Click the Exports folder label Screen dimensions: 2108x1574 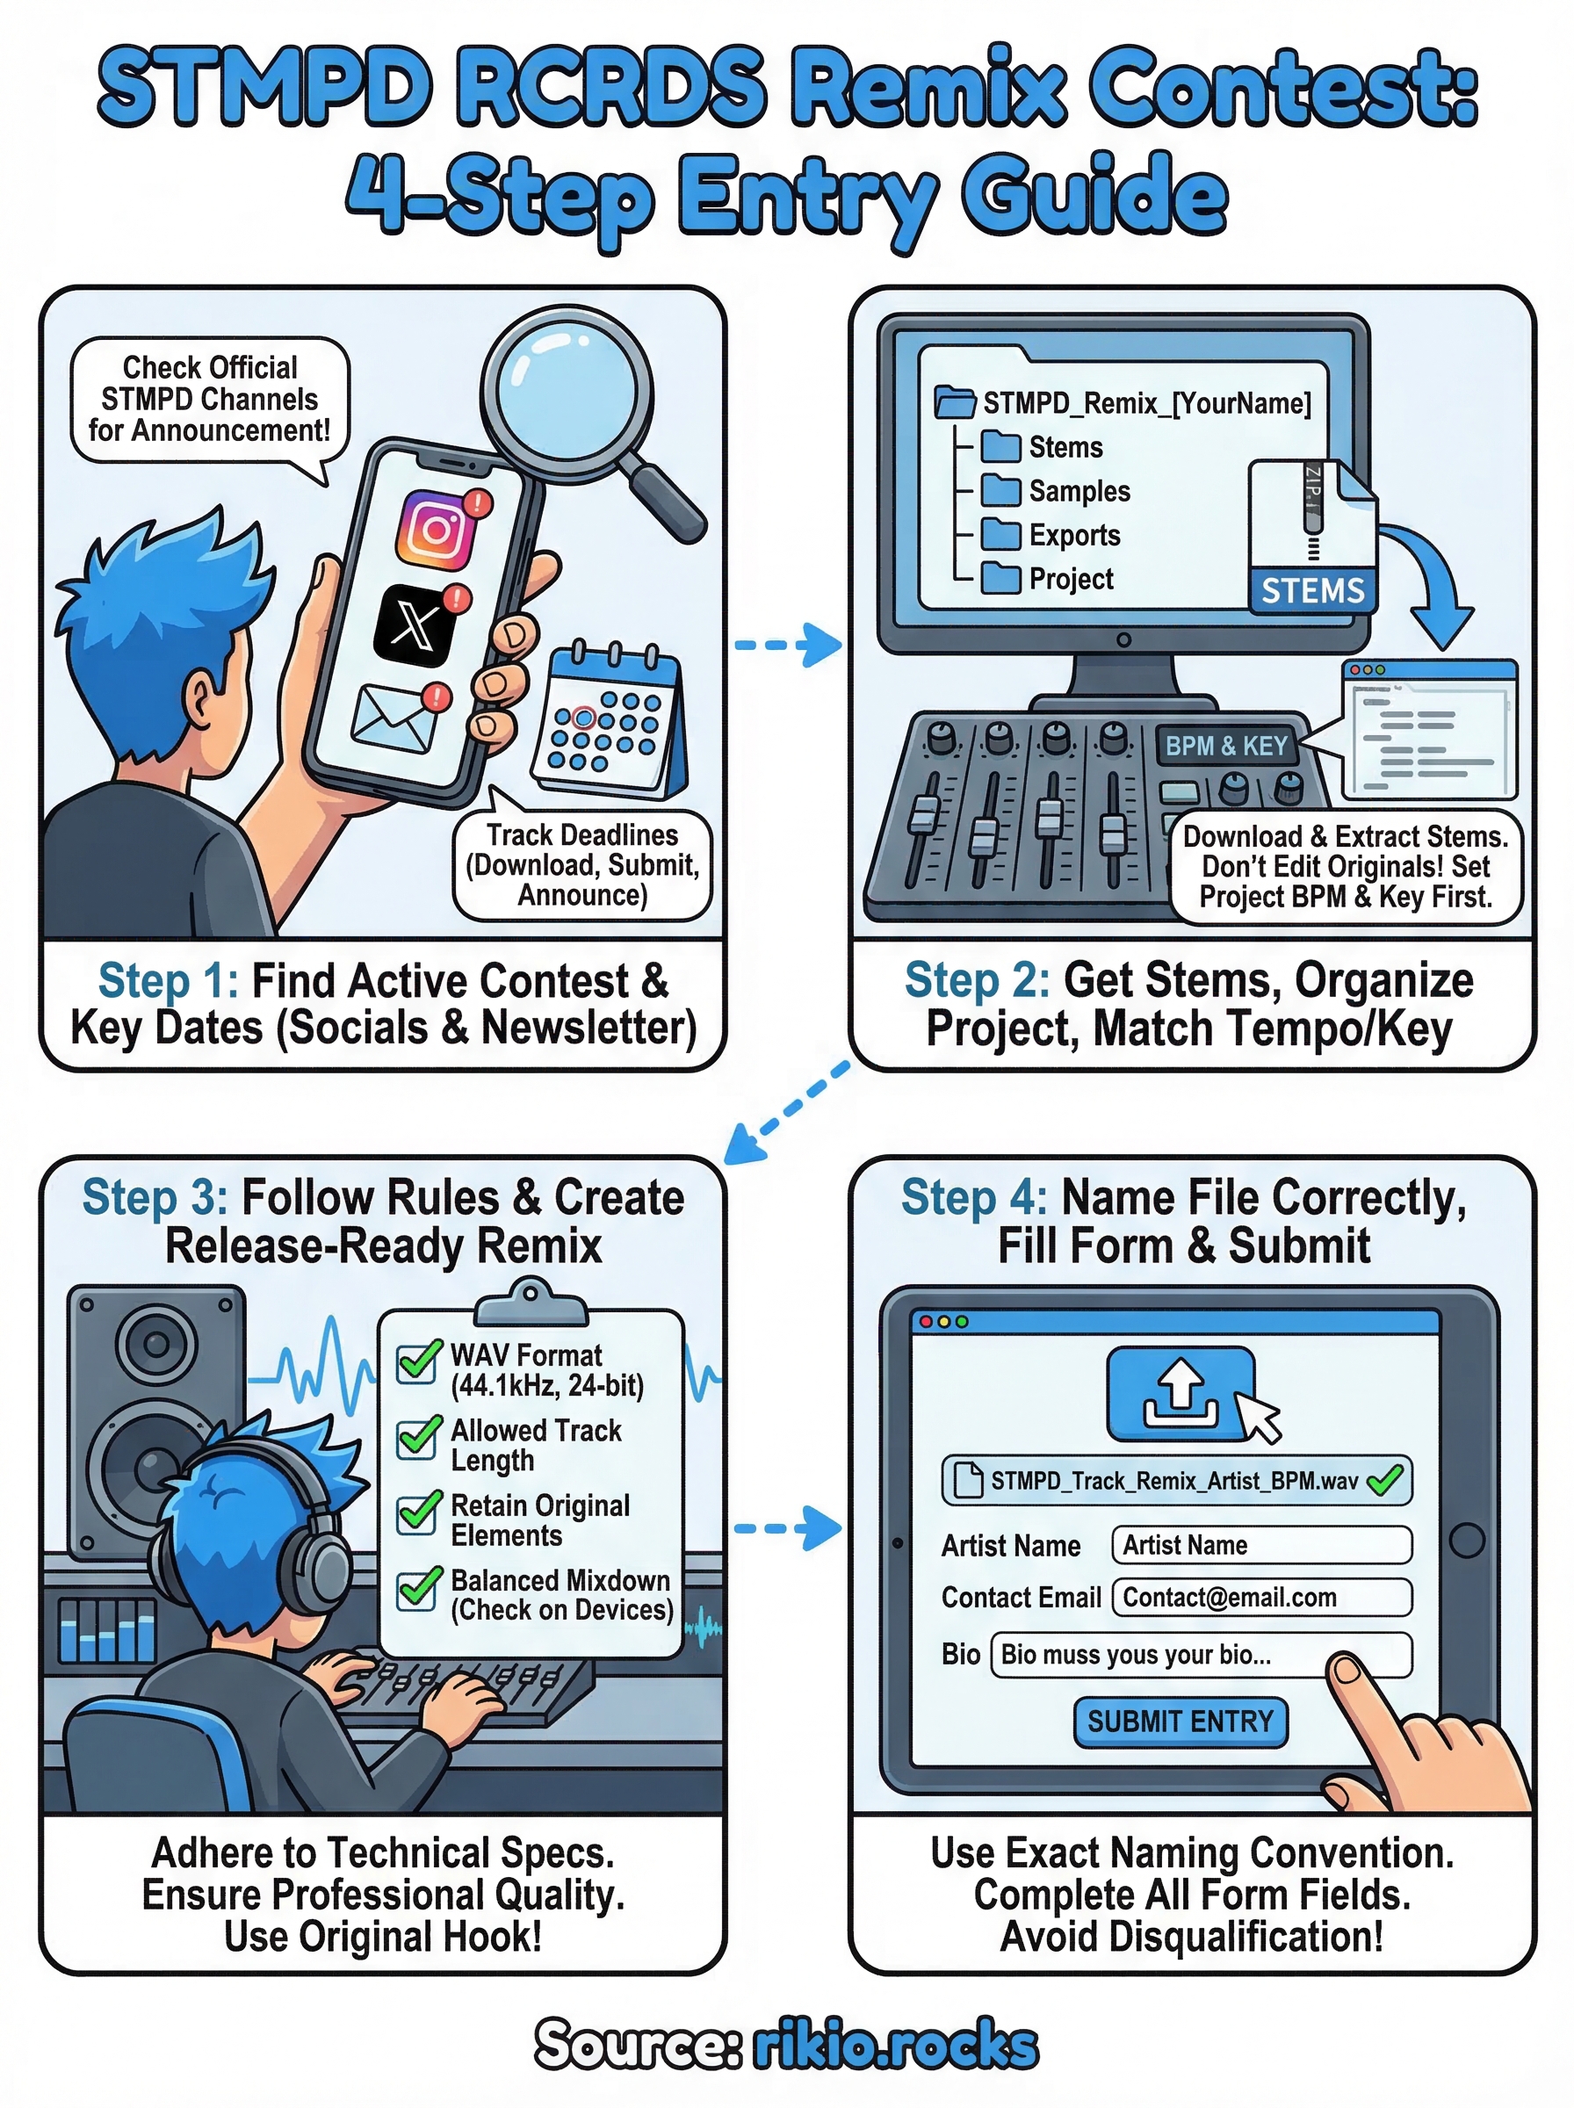pyautogui.click(x=1074, y=535)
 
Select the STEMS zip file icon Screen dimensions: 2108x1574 pyautogui.click(x=1312, y=538)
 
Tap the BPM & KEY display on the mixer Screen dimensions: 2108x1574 pyautogui.click(x=1226, y=746)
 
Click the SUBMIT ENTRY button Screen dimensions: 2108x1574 pyautogui.click(x=1180, y=1722)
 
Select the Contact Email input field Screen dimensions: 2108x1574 pyautogui.click(x=1261, y=1598)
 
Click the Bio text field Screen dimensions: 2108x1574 pyautogui.click(x=1201, y=1655)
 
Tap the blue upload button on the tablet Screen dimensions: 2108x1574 pyautogui.click(x=1180, y=1393)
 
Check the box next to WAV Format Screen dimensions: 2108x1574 pyautogui.click(x=417, y=1362)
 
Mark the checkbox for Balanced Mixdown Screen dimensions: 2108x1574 pyautogui.click(x=417, y=1589)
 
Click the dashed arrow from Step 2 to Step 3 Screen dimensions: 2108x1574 pyautogui.click(x=787, y=1112)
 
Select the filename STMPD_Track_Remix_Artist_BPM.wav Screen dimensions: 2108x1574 pyautogui.click(x=1173, y=1480)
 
